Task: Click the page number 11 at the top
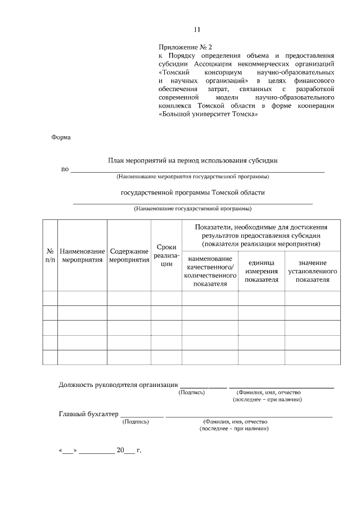(196, 29)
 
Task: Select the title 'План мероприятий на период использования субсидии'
(193, 160)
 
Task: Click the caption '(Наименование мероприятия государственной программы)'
(192, 177)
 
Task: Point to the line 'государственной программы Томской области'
(192, 192)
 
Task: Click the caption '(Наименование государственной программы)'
(192, 209)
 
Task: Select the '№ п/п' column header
(50, 255)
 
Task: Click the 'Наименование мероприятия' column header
(82, 255)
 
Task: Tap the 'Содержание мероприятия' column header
(129, 255)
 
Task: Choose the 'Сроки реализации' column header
(166, 255)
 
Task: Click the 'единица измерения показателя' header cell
(262, 271)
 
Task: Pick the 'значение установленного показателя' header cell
(312, 271)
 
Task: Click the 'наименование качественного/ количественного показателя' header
(210, 271)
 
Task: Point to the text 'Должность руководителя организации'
(118, 385)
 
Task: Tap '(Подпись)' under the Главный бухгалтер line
(136, 421)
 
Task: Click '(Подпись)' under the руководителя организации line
(192, 393)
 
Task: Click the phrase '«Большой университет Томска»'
(208, 114)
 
